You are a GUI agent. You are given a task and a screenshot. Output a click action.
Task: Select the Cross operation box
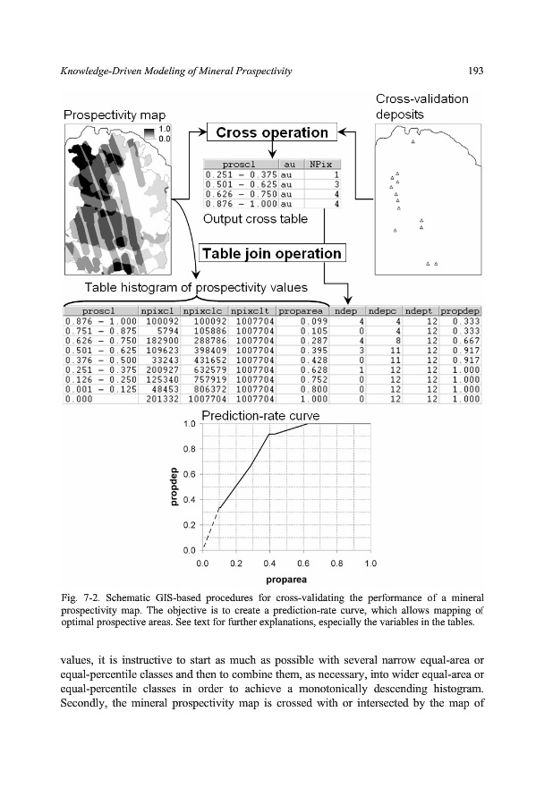(272, 132)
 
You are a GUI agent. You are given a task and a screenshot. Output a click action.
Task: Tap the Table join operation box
(272, 253)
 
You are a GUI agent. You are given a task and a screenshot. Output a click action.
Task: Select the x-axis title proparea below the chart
(286, 580)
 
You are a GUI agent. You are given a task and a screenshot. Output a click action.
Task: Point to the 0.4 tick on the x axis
(269, 563)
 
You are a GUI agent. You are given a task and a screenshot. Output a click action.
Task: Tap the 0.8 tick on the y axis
(189, 448)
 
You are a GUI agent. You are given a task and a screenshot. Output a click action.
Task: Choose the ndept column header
(421, 310)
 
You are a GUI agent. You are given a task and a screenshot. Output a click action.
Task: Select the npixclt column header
(251, 310)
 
